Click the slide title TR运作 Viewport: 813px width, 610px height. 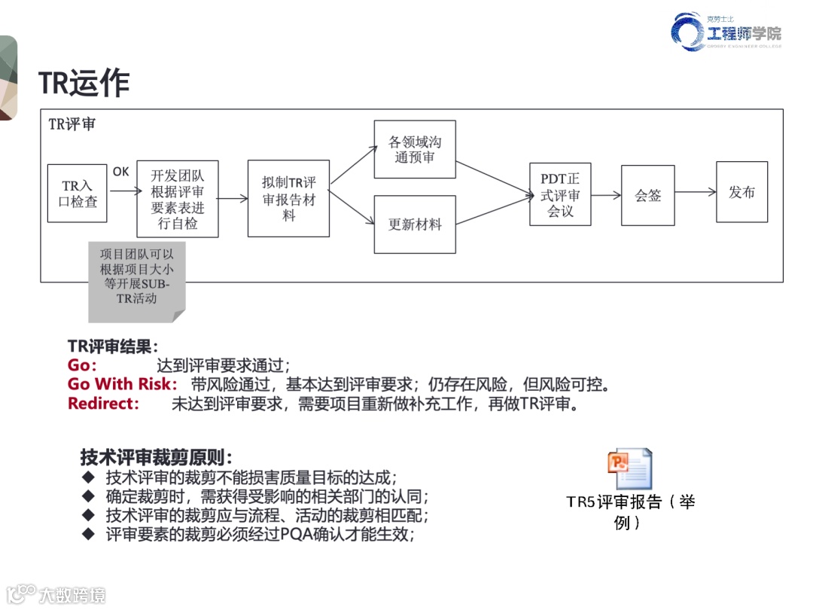coord(84,84)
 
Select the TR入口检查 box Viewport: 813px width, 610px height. coord(77,193)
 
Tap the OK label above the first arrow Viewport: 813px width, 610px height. coord(120,172)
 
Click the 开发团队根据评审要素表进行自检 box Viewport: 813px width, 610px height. coord(178,199)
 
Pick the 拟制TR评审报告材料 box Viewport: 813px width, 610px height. coord(288,199)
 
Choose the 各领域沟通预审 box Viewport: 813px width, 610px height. coord(415,149)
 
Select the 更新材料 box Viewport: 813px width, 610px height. coord(415,224)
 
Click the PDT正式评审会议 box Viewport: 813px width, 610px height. coord(560,194)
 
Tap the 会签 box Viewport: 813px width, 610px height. coord(647,195)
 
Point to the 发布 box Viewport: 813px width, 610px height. coord(741,192)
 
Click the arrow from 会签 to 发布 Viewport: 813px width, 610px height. coord(695,193)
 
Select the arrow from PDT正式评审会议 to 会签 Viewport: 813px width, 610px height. coord(606,195)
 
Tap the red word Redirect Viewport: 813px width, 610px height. coord(103,404)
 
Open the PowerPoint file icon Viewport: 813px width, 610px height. coord(629,469)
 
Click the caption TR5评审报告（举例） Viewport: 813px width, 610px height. coord(631,511)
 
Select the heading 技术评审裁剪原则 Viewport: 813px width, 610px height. coord(156,457)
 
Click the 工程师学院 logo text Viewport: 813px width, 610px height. coord(744,33)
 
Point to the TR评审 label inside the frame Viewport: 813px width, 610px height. coord(72,124)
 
